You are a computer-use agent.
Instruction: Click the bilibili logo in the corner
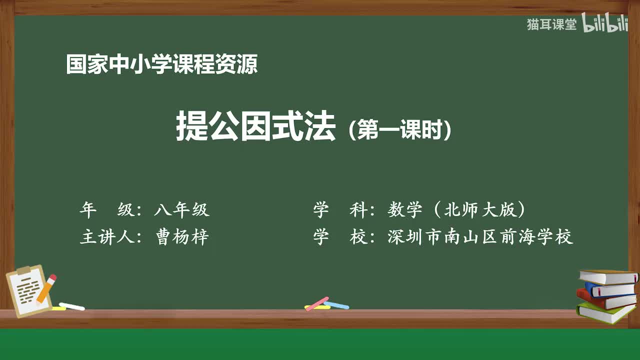point(605,24)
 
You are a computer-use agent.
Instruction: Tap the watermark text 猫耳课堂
point(551,24)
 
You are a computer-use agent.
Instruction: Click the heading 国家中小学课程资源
point(162,64)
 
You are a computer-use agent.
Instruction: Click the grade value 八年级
point(181,210)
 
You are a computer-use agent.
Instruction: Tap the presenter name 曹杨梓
point(181,236)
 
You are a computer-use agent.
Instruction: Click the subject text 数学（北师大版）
point(456,210)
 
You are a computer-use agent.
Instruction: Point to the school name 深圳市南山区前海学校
point(480,236)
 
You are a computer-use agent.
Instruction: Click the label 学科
point(340,210)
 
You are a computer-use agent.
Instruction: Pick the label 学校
point(340,236)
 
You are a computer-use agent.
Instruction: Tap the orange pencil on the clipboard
point(46,288)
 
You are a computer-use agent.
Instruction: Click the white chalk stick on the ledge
point(72,306)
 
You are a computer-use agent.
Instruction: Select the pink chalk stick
point(317,303)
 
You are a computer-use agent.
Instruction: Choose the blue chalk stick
point(337,305)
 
